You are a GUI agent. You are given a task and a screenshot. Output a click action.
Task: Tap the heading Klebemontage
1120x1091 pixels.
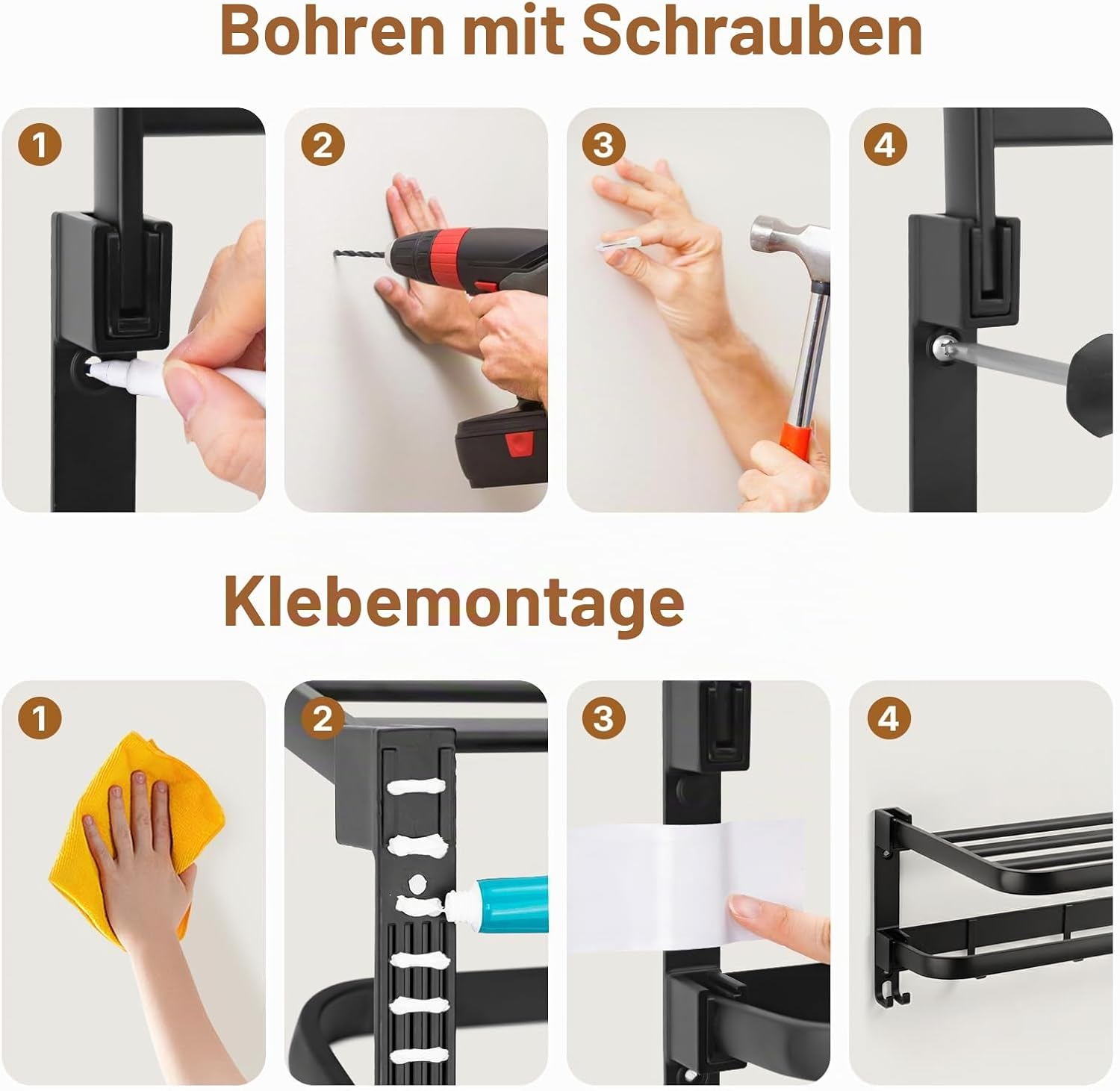(454, 603)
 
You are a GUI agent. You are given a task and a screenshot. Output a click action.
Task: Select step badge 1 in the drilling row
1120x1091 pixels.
(40, 144)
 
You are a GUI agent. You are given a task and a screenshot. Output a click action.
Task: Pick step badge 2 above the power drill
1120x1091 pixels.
(323, 144)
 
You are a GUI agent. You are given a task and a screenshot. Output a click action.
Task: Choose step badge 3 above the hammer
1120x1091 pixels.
(603, 144)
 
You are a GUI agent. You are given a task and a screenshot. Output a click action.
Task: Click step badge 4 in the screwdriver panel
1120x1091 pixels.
(886, 144)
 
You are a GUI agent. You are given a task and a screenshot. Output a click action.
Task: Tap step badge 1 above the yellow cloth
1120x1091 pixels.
(40, 718)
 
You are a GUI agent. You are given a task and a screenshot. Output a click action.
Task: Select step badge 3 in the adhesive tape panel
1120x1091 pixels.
(603, 718)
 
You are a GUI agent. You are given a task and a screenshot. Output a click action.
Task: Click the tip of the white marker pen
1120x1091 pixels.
(90, 365)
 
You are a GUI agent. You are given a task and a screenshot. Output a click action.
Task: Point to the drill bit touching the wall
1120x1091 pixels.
(359, 257)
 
